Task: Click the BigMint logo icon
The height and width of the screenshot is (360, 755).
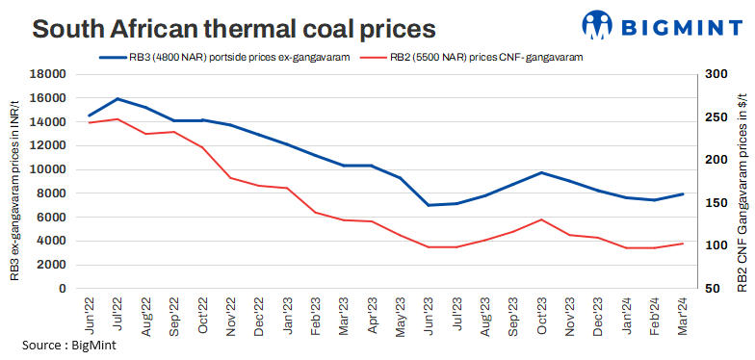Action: pos(601,26)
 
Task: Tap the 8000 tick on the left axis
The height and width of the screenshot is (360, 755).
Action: pos(52,193)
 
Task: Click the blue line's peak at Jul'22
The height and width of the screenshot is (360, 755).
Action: pos(117,99)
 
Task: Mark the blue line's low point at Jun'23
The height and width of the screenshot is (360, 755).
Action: pos(428,205)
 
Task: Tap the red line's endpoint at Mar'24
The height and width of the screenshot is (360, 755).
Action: pos(683,244)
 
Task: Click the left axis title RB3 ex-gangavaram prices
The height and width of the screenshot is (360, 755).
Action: pos(15,181)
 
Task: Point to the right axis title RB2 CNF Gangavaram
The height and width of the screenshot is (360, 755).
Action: pos(742,181)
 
